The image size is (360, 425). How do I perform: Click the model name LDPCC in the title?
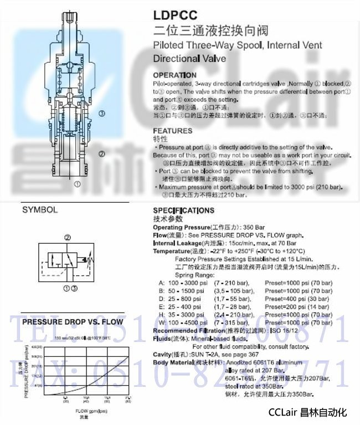tap(172, 16)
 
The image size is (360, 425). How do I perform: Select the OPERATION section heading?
tap(174, 75)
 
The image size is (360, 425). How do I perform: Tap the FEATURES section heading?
tap(172, 131)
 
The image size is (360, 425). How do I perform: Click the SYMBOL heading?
tap(39, 211)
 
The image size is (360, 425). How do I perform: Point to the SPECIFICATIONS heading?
tap(183, 211)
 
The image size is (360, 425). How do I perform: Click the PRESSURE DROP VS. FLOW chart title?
tap(73, 321)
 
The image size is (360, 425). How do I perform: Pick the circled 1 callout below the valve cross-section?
tap(78, 182)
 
